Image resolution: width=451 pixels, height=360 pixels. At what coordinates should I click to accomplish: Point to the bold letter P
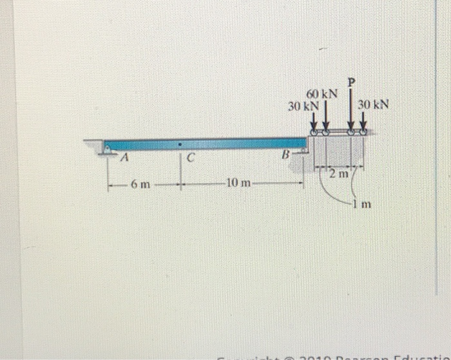pos(351,82)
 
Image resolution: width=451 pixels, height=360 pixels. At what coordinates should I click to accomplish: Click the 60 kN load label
pos(322,93)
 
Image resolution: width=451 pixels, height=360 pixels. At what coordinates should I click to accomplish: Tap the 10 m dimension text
pos(238,184)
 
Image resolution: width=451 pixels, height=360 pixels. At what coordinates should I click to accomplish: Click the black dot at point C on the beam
pos(181,144)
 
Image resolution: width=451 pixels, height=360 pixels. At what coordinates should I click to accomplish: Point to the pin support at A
pos(107,149)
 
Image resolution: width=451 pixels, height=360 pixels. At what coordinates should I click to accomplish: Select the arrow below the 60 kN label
pos(326,118)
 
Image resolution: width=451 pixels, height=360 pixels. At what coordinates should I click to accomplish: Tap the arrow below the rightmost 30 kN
pos(363,120)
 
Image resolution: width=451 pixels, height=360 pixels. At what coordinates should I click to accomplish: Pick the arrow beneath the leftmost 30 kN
pos(313,120)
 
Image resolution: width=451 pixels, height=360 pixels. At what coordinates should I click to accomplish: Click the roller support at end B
pos(303,151)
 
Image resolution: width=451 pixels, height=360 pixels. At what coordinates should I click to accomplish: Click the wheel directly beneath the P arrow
pos(352,132)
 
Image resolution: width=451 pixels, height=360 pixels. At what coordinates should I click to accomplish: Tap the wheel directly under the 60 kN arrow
pos(326,132)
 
